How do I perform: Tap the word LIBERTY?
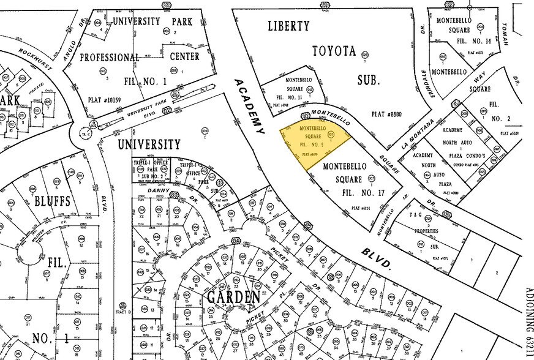pos(290,26)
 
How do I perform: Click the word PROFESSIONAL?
pos(102,57)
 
